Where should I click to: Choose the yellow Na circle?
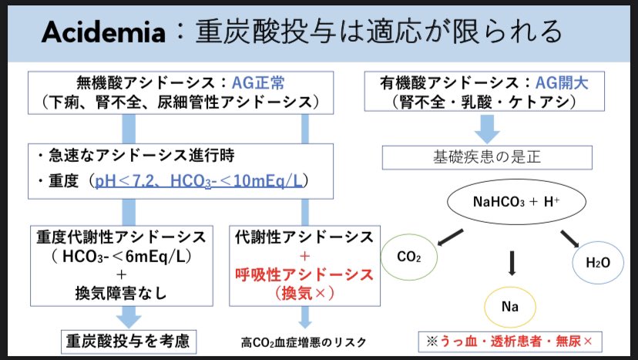point(509,307)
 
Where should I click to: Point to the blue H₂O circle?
point(598,263)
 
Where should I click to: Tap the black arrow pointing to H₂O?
point(569,237)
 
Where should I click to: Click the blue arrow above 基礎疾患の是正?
point(487,126)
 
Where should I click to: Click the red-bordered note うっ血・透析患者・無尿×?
point(510,340)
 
